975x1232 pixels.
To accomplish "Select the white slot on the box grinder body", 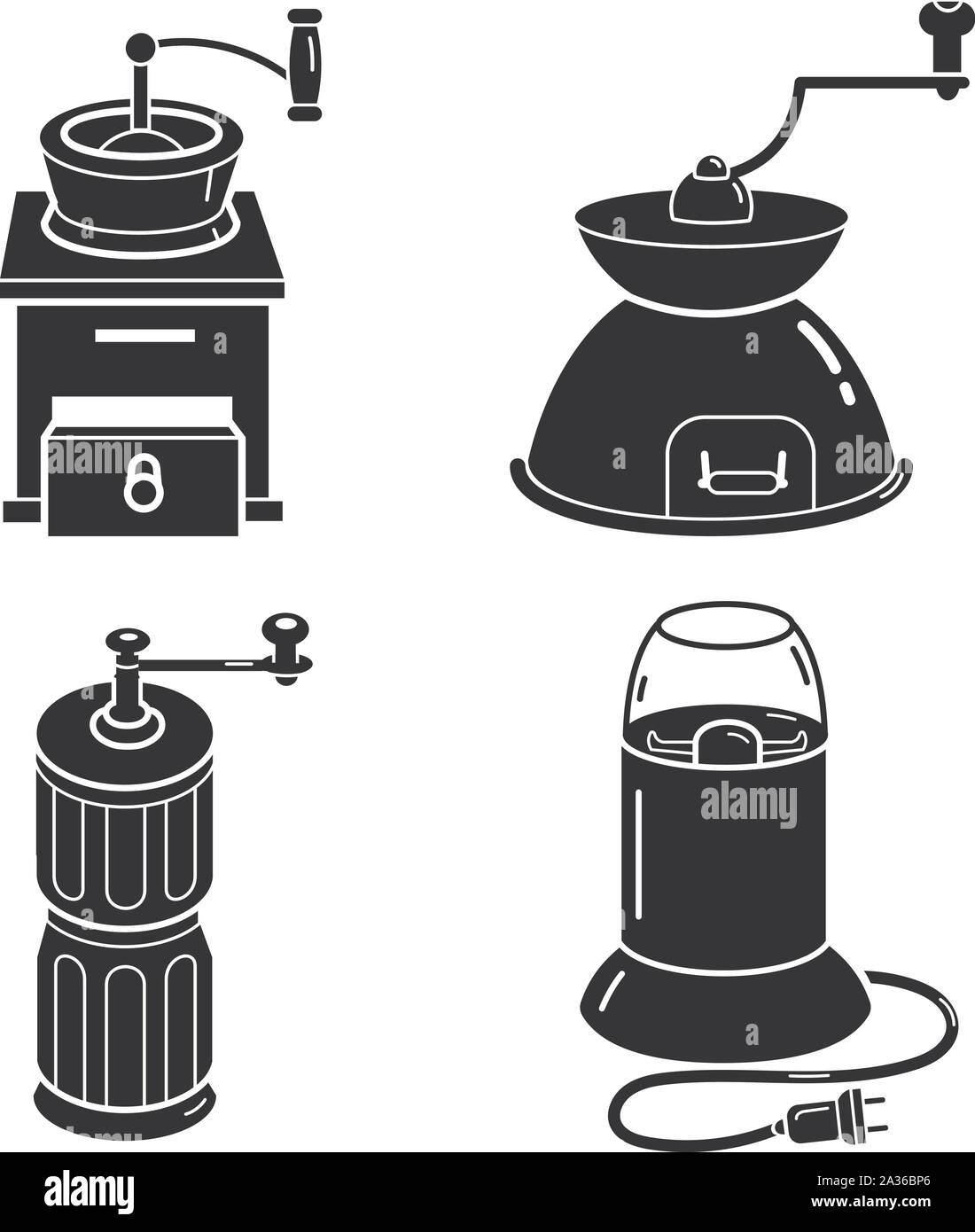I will pyautogui.click(x=145, y=336).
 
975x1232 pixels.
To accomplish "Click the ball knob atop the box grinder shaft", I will pyautogui.click(x=139, y=45).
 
